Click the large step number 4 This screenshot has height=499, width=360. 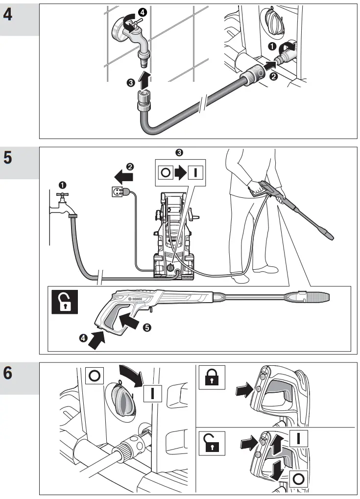click(8, 13)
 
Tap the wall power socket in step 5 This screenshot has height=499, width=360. click(114, 191)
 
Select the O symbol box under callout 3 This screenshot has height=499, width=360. click(165, 172)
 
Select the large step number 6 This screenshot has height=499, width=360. click(8, 372)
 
